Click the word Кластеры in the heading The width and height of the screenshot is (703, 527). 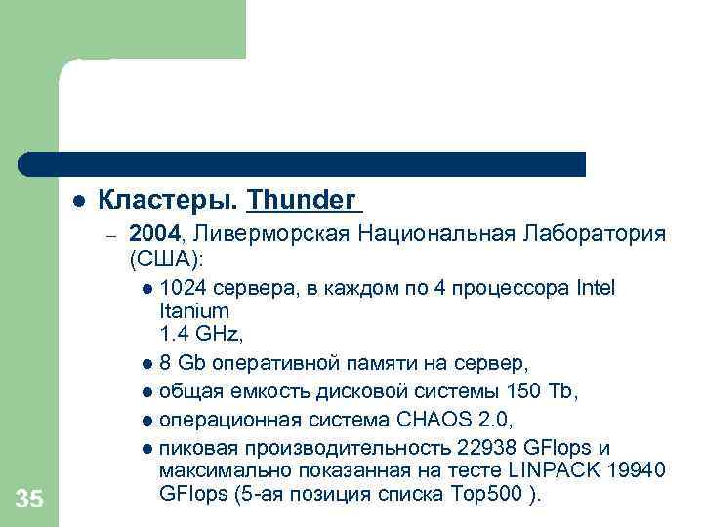(167, 200)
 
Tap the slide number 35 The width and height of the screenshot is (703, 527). (29, 501)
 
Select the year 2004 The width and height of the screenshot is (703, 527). (155, 234)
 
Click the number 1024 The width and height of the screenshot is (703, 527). (180, 289)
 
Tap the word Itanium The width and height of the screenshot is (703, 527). (193, 311)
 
